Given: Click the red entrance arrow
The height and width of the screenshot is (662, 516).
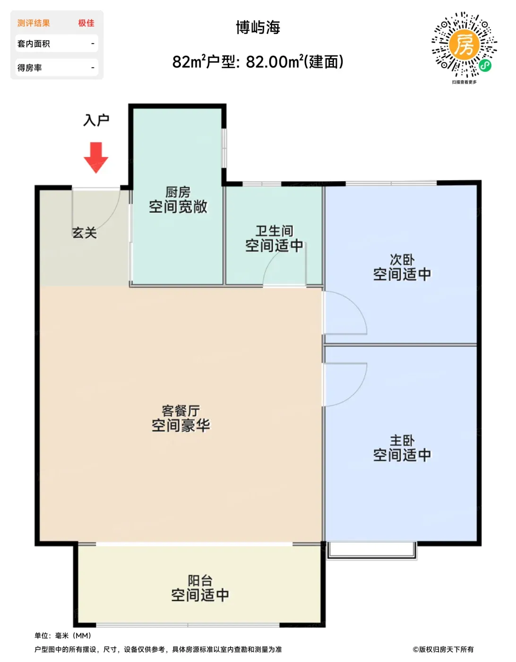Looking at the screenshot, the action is pyautogui.click(x=96, y=157).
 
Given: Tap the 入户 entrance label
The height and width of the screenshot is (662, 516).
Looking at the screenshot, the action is pyautogui.click(x=96, y=120).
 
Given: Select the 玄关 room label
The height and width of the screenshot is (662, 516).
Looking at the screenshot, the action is pyautogui.click(x=84, y=233).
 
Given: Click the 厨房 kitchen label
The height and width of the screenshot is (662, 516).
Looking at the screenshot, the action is pyautogui.click(x=178, y=192).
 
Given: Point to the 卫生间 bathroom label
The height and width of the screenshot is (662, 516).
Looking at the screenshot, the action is pyautogui.click(x=274, y=231).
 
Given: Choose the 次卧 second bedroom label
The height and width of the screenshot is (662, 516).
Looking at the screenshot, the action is pyautogui.click(x=402, y=260).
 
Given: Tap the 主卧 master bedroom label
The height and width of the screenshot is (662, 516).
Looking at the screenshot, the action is pyautogui.click(x=402, y=441).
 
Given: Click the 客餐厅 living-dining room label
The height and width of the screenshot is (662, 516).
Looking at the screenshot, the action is pyautogui.click(x=181, y=410).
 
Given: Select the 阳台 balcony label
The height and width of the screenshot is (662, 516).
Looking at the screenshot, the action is pyautogui.click(x=200, y=581).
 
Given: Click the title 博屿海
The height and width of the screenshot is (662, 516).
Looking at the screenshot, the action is pyautogui.click(x=258, y=27).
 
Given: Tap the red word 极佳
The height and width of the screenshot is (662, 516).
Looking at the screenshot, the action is pyautogui.click(x=86, y=23).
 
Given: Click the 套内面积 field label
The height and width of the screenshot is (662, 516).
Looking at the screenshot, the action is pyautogui.click(x=34, y=44).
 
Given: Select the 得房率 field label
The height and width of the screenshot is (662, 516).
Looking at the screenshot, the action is pyautogui.click(x=29, y=68).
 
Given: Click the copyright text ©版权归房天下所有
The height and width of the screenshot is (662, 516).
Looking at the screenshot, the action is pyautogui.click(x=443, y=649).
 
